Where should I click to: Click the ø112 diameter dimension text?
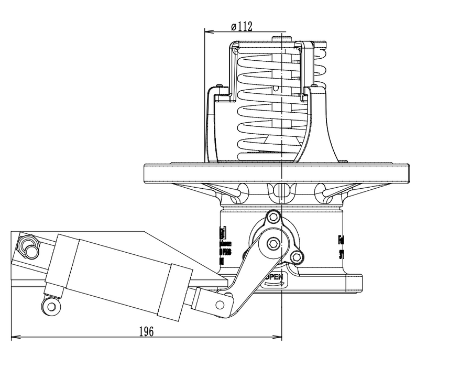click(242, 27)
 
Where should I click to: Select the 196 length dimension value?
click(146, 331)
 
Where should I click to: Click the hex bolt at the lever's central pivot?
click(273, 243)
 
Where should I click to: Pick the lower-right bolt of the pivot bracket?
click(297, 257)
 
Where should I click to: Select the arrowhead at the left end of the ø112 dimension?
click(207, 32)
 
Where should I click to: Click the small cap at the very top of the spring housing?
click(281, 38)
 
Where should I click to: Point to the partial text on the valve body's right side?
click(341, 247)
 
